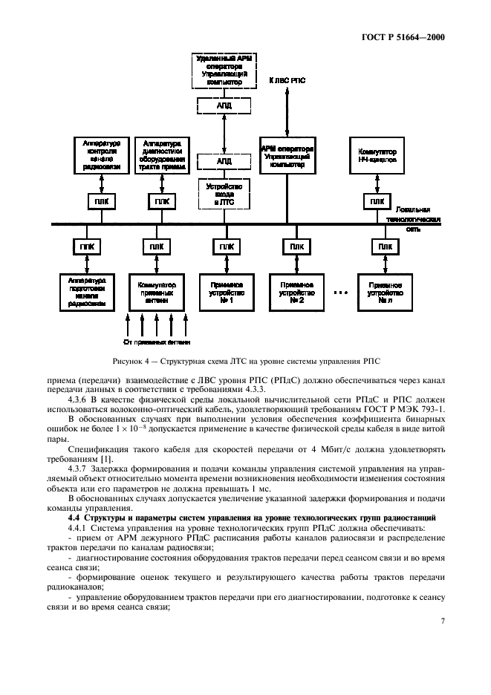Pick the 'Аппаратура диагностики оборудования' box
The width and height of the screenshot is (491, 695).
click(157, 153)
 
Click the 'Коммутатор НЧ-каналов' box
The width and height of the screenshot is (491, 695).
click(377, 154)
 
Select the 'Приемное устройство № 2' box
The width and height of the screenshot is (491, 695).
click(296, 290)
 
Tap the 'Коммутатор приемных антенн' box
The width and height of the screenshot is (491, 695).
click(157, 290)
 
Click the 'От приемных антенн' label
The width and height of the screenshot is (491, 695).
click(157, 342)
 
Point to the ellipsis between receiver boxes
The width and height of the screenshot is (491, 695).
click(339, 292)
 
